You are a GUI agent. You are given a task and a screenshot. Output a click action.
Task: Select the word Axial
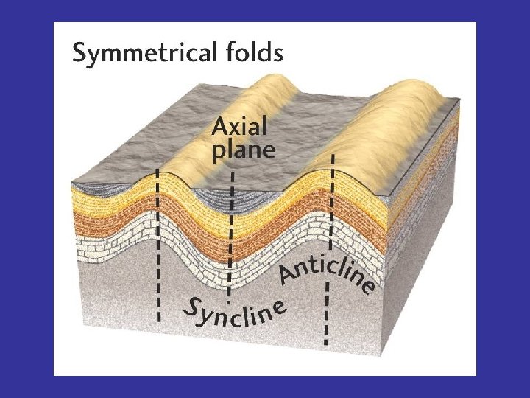(x=239, y=127)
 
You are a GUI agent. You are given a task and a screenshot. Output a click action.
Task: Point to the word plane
(x=244, y=151)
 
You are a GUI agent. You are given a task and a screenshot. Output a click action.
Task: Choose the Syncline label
(x=234, y=313)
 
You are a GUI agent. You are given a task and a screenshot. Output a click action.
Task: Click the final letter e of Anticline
(x=367, y=285)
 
